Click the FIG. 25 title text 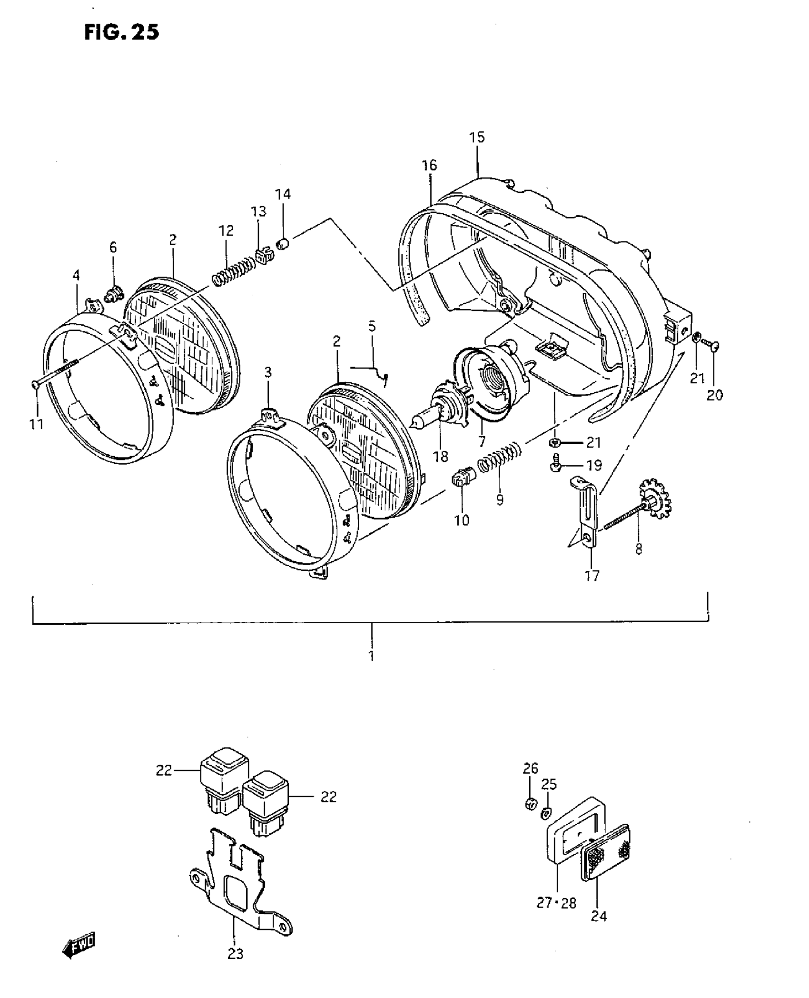point(121,32)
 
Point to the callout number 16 point(429,165)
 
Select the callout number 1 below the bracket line point(371,656)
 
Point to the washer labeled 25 point(547,812)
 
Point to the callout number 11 point(36,424)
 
